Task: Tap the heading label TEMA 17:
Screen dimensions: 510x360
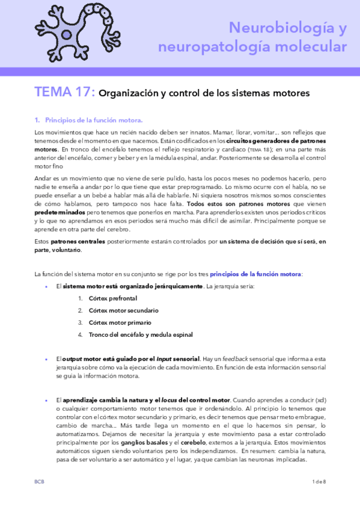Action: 64,93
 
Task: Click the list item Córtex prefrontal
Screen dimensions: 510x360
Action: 113,298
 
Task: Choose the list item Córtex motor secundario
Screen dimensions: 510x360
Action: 123,310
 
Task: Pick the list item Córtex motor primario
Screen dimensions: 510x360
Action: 120,322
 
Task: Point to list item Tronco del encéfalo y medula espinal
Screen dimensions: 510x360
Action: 141,334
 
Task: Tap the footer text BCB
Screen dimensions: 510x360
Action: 40,499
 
